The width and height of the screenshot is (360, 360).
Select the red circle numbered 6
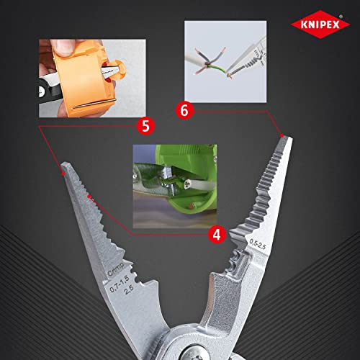tap(184, 110)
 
